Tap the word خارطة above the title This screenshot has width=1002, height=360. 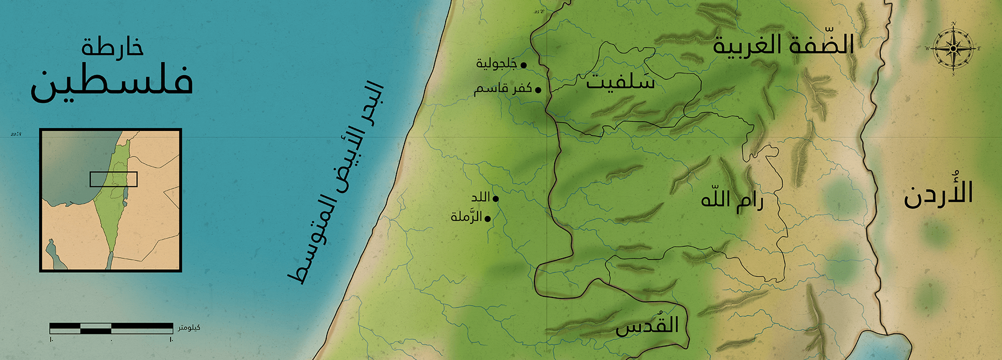point(112,47)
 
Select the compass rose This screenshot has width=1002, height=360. point(953,49)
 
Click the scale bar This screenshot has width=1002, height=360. point(111,328)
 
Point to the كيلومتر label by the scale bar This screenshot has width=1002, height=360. point(189,328)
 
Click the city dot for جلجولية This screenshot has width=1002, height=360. point(523,65)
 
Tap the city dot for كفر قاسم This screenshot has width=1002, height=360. point(538,90)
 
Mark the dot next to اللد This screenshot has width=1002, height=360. point(495,199)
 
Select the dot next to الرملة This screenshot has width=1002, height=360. point(487,219)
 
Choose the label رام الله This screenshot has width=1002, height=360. point(732,200)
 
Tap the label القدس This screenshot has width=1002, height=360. point(647,326)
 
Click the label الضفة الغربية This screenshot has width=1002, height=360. point(783,44)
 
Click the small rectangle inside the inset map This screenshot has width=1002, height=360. point(113,179)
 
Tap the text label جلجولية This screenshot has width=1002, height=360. point(496,64)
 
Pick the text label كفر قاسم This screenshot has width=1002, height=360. point(503,89)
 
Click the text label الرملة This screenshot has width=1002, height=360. point(466,217)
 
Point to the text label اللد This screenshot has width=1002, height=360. point(481,197)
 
